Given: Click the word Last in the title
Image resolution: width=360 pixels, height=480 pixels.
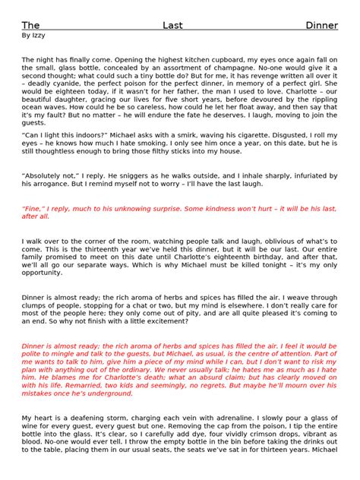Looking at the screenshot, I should click(x=172, y=25).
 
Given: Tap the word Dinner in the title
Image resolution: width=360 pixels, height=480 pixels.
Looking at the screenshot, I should click(x=321, y=25).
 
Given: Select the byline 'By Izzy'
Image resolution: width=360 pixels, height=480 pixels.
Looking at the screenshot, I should click(x=33, y=35).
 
